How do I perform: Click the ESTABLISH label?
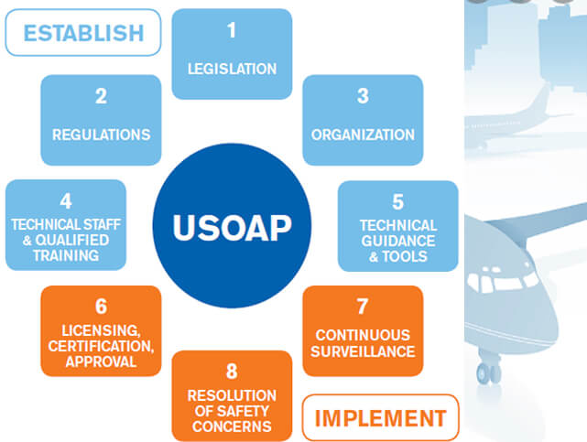click(x=83, y=33)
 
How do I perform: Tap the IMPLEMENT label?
click(x=380, y=418)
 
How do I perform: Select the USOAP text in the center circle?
click(x=232, y=226)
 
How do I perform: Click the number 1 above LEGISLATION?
click(x=232, y=30)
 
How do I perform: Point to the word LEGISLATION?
click(x=232, y=69)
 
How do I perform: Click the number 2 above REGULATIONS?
click(x=101, y=96)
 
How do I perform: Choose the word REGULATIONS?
click(x=101, y=135)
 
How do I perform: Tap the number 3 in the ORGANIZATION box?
click(x=363, y=96)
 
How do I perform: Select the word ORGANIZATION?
click(x=363, y=135)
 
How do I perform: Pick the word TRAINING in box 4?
click(x=65, y=256)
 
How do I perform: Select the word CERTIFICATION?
click(x=101, y=345)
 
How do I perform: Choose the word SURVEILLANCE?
click(x=363, y=351)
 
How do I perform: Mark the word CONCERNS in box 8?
click(x=232, y=426)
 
